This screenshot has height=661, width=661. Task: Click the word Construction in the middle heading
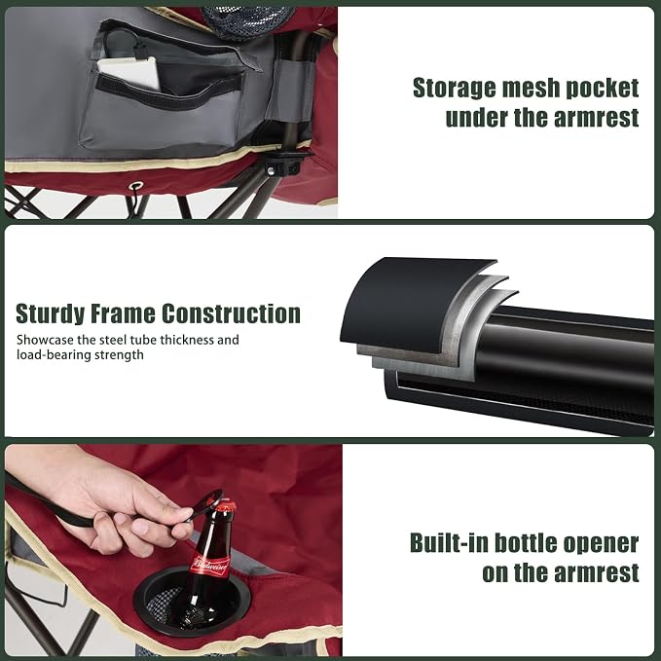[231, 313]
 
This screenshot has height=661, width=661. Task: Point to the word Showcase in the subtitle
[46, 340]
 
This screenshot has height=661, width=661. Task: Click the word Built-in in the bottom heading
[449, 543]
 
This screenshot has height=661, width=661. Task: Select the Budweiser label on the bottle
[210, 565]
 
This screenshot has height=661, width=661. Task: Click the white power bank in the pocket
[129, 72]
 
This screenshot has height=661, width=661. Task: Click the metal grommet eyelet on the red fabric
[135, 186]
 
